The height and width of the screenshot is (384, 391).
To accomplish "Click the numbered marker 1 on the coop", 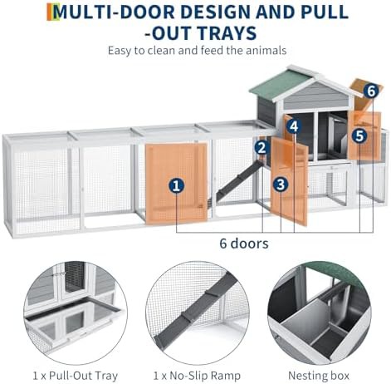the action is click(177, 185).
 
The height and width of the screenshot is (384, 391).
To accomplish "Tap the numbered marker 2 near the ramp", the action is click(261, 147).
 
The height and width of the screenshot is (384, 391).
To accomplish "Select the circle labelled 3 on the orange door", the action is click(281, 185).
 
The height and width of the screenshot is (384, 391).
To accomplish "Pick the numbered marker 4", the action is click(294, 126).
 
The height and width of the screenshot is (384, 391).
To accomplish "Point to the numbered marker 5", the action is click(359, 135).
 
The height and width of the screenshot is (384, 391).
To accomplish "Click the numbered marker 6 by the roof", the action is click(371, 91).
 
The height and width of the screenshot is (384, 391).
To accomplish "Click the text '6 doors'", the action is click(244, 244).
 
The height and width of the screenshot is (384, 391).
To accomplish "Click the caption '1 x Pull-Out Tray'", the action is click(76, 376).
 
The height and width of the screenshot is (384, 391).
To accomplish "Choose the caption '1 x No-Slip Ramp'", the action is click(197, 376).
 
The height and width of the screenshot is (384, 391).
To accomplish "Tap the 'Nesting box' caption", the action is click(319, 376).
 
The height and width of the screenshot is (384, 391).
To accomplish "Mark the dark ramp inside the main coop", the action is click(240, 178).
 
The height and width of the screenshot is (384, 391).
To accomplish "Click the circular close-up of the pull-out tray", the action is click(76, 313).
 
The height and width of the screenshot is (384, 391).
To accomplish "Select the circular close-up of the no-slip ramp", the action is click(197, 313).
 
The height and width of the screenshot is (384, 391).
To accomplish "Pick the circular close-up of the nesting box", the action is click(319, 313).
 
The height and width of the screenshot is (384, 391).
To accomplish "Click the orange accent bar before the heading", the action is click(50, 12).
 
